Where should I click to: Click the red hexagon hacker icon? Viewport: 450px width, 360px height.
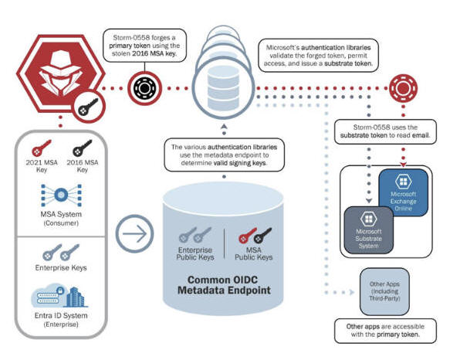click(60, 73)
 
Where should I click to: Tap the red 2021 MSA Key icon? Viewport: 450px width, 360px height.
click(42, 148)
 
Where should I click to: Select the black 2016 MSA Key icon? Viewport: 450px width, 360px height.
click(83, 148)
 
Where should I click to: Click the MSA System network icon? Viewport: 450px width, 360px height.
click(61, 195)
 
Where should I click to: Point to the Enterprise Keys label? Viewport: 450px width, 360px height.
click(61, 268)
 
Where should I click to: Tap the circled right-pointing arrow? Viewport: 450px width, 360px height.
click(134, 233)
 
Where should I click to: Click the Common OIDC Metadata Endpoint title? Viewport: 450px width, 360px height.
click(224, 285)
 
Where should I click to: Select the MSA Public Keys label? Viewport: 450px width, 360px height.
click(254, 253)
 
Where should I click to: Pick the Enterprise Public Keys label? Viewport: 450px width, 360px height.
click(195, 253)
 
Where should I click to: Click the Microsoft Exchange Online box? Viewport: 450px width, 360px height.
click(403, 192)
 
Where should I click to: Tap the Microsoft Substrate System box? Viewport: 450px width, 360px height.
click(368, 230)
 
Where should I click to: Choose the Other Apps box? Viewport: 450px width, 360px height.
click(384, 291)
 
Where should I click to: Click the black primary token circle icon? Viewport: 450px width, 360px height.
click(144, 88)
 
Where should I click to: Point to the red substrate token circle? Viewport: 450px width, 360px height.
click(403, 88)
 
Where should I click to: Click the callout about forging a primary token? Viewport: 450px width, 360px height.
click(144, 46)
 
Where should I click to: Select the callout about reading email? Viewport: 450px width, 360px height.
click(385, 131)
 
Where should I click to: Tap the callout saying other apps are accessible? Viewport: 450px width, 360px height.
click(385, 331)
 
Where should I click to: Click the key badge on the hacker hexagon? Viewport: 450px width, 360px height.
click(89, 107)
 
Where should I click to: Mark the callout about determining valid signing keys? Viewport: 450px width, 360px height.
click(224, 155)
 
